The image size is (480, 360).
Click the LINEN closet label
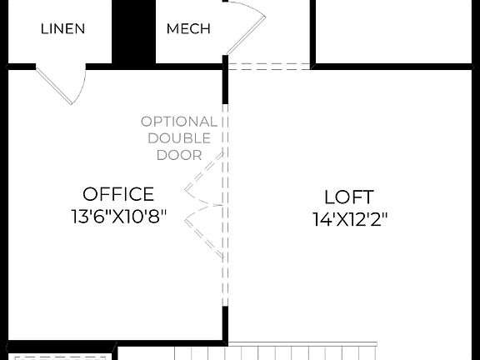pyautogui.click(x=62, y=28)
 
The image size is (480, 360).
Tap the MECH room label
pyautogui.click(x=188, y=28)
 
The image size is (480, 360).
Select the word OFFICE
pyautogui.click(x=118, y=194)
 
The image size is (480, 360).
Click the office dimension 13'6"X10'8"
pyautogui.click(x=118, y=217)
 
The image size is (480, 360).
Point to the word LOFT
pyautogui.click(x=349, y=197)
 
